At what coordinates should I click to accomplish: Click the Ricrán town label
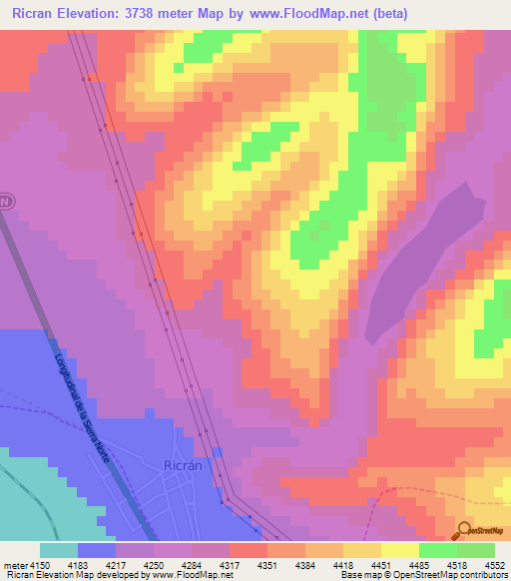click(x=182, y=464)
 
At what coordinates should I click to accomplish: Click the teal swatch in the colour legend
click(x=59, y=550)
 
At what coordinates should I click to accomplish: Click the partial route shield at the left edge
click(x=6, y=201)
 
